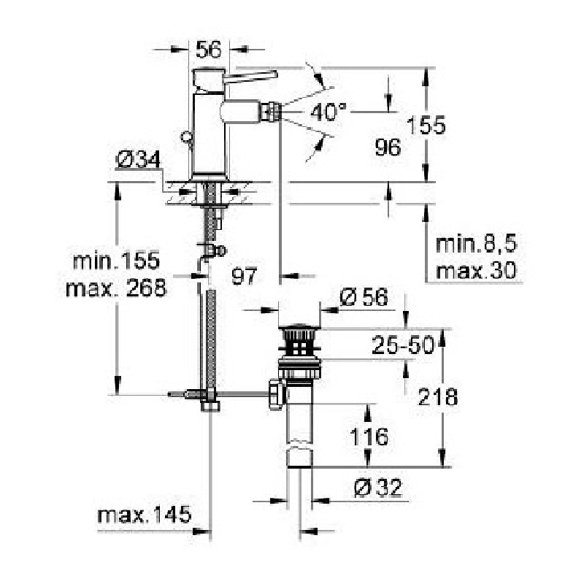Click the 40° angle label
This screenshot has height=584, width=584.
(x=328, y=112)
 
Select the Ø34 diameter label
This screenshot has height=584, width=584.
(x=138, y=159)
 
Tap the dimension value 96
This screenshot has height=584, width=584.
(x=388, y=147)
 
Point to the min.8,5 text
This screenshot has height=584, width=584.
(x=477, y=244)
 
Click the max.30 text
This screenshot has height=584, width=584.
(x=476, y=270)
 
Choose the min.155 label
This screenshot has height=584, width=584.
(x=116, y=261)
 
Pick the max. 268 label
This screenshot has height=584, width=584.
(x=116, y=288)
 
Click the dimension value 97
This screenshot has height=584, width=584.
(x=244, y=276)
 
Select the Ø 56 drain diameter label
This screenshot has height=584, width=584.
(x=364, y=297)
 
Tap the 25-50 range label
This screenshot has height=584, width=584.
(x=403, y=345)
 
